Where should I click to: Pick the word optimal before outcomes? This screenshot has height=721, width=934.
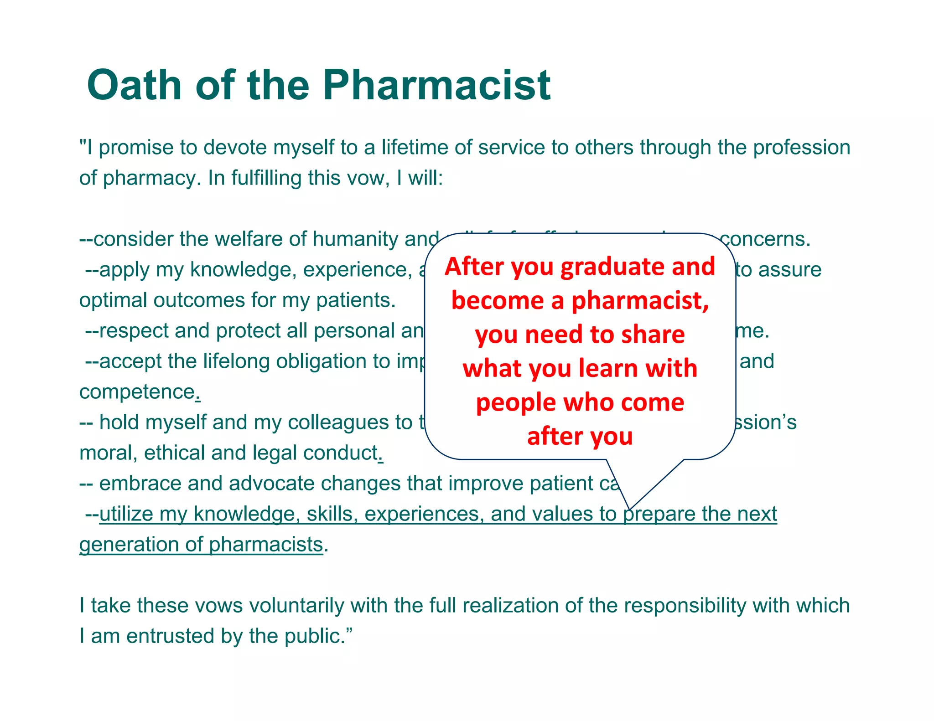tap(114, 300)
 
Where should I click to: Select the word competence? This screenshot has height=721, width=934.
tap(137, 392)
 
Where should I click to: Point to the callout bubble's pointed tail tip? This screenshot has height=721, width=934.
tap(630, 509)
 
